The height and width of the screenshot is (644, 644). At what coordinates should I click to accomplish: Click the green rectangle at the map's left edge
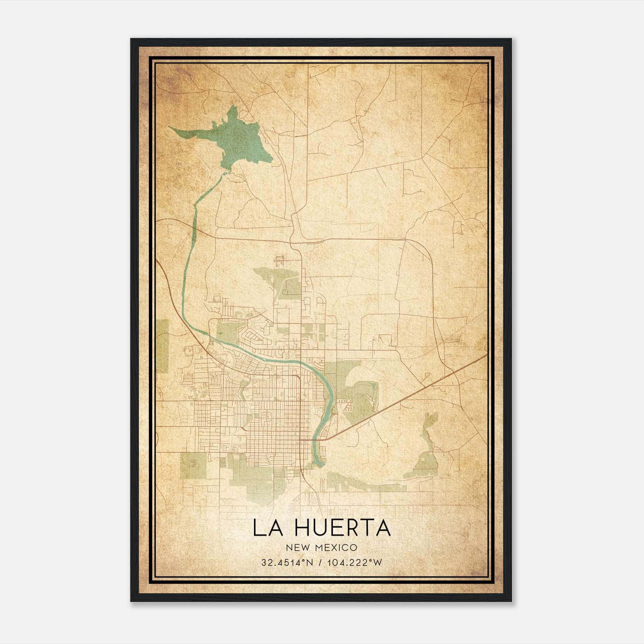pos(163,346)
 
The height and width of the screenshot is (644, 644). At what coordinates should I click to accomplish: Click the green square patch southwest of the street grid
pos(193,465)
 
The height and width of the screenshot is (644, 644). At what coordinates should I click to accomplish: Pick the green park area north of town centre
pos(278,282)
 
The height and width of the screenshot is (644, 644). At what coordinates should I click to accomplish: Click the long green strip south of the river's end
pos(362,483)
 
